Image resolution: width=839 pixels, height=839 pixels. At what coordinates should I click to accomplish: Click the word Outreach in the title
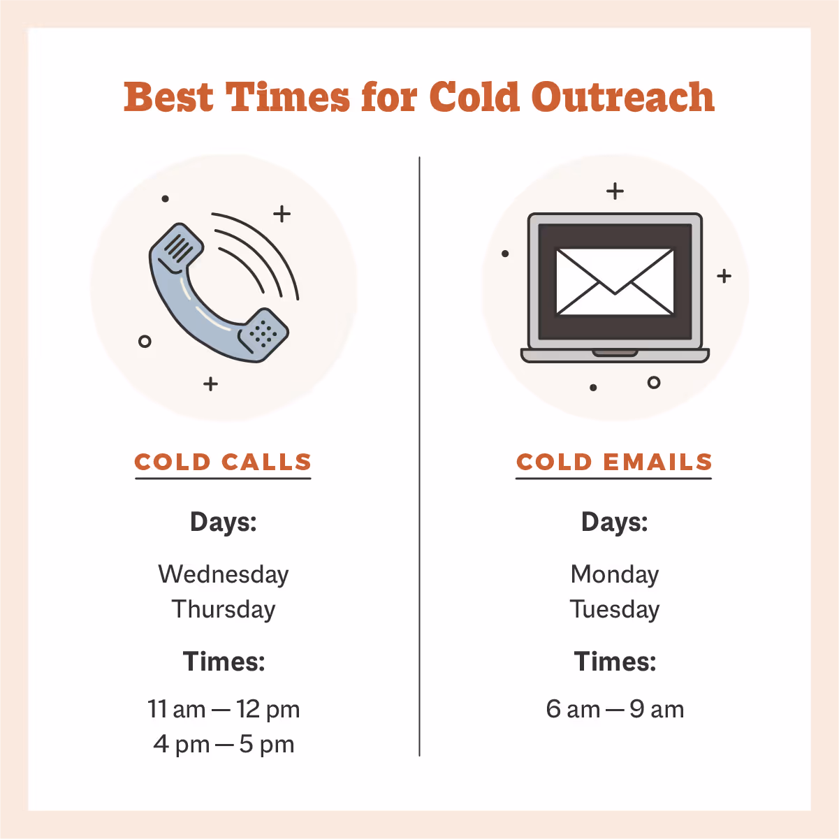[622, 97]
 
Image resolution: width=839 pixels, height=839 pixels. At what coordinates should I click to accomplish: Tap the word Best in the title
[168, 97]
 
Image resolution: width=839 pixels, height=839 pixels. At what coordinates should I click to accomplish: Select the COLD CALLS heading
[223, 462]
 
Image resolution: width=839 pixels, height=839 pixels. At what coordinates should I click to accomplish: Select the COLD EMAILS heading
[614, 462]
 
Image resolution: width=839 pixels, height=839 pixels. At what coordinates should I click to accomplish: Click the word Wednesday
[224, 574]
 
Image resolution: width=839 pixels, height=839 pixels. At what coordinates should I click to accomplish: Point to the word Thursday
[224, 609]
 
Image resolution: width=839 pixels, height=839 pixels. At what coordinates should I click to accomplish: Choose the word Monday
[615, 574]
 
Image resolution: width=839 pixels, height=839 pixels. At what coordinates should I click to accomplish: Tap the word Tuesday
[615, 609]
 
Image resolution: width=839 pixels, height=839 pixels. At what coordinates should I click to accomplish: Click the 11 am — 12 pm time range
[224, 710]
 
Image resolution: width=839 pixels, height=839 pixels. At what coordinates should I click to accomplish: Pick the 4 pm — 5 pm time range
[224, 745]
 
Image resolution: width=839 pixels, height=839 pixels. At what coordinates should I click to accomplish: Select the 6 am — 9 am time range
[615, 710]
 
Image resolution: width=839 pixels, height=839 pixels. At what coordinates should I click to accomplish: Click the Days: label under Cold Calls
[224, 523]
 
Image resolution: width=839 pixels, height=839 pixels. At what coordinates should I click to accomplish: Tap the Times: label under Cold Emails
[615, 662]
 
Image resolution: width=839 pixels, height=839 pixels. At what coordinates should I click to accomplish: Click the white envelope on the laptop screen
[615, 282]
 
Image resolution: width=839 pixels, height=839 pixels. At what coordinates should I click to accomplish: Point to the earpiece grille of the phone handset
[179, 249]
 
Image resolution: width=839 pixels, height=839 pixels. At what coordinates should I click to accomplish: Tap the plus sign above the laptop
[615, 191]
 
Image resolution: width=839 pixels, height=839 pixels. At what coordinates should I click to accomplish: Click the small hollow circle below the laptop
[654, 382]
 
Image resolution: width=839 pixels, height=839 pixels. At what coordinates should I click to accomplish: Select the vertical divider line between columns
[419, 454]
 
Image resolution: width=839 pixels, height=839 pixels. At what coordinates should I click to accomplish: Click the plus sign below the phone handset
[211, 384]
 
